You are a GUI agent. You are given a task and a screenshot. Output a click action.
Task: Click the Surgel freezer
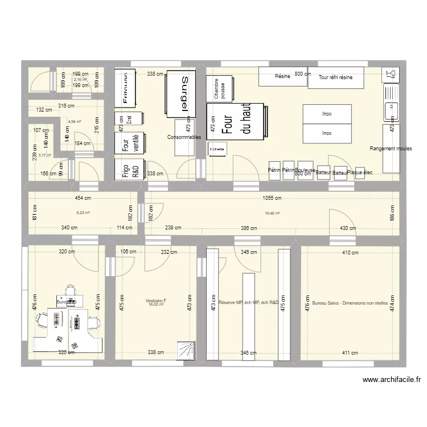180,94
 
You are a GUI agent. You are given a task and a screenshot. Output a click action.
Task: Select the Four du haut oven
235,121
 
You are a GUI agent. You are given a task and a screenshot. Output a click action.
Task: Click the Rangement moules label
391,148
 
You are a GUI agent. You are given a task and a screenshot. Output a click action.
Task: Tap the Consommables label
184,137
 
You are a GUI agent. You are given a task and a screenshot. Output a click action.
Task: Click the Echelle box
217,150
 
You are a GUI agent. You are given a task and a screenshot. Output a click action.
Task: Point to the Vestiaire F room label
156,301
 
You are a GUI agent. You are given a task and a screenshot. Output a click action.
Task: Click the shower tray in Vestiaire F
186,350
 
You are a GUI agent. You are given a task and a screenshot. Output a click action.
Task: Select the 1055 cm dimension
272,198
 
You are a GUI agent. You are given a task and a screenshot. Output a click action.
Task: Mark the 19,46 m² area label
272,213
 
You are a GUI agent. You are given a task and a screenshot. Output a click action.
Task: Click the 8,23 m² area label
83,213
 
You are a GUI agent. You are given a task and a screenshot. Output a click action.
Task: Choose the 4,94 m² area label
75,121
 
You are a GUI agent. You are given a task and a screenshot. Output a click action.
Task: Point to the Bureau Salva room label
350,303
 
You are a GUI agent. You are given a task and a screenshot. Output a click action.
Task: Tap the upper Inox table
327,114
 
